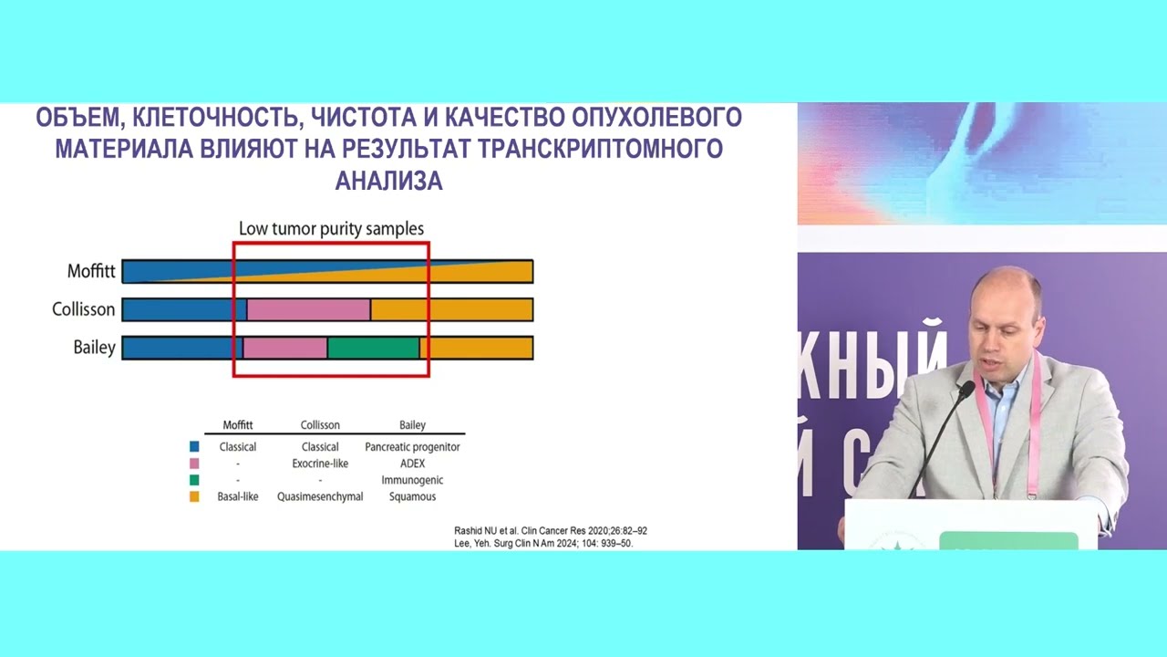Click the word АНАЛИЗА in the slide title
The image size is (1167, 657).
[x=388, y=181]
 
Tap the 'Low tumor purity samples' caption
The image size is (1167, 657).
[x=331, y=229]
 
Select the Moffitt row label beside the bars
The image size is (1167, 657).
[x=91, y=271]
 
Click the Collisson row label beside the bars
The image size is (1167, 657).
[x=84, y=309]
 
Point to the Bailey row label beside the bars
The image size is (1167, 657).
[x=95, y=348]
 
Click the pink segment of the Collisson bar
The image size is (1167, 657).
[x=308, y=309]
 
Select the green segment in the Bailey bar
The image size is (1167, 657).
[x=373, y=348]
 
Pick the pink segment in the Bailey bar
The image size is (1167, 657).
[x=284, y=348]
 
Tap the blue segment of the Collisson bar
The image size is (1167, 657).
[x=183, y=309]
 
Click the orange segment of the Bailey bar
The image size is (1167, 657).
[x=477, y=348]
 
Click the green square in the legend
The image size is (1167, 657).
[x=194, y=480]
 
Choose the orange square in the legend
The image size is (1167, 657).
[x=194, y=496]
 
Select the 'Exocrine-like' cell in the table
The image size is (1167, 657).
[x=320, y=464]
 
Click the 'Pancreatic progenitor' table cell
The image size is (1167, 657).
[x=412, y=447]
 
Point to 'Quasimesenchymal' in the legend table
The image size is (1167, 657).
[x=320, y=496]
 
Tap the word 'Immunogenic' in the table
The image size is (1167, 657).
[x=412, y=480]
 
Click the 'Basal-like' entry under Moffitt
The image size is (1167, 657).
[x=238, y=496]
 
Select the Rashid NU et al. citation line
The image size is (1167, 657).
[x=551, y=530]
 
